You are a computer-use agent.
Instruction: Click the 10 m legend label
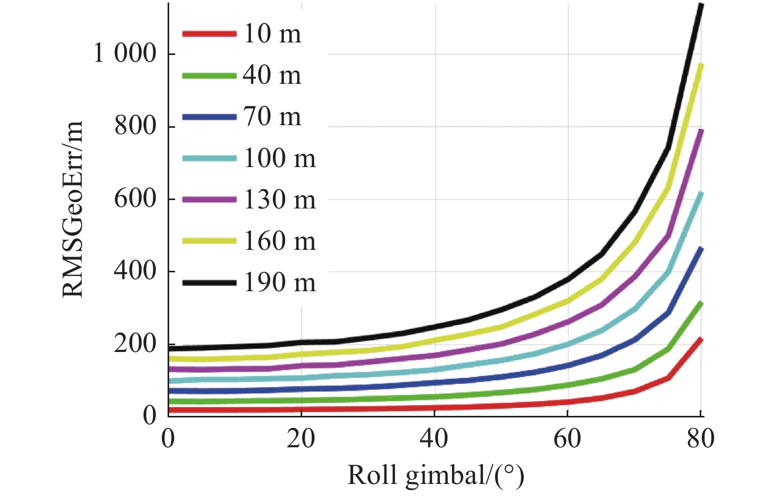coord(272,34)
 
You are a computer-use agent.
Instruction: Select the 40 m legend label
coord(272,75)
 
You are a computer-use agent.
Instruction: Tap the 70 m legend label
coord(272,117)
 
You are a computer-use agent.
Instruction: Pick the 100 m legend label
coord(280,158)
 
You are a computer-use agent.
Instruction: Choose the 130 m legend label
coord(280,200)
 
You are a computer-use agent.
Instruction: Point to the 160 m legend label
coord(280,241)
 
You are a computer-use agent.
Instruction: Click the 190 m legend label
coord(280,283)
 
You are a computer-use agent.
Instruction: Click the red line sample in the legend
coord(209,34)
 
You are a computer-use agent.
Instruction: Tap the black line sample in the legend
coord(209,283)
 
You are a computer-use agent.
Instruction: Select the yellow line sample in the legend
coord(209,241)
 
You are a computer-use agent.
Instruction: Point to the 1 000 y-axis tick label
coord(125,53)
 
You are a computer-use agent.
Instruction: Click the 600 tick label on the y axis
coord(136,199)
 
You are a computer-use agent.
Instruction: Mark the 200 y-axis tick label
coord(136,344)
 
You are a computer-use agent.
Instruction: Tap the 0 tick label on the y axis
coord(150,415)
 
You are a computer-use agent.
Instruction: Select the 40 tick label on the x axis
coord(434,438)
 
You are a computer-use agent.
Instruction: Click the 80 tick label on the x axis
coord(700,438)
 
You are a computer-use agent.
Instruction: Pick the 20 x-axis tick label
coord(301,438)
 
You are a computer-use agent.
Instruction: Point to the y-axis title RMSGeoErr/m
coord(73,210)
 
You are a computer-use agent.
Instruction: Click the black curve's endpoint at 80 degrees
coord(701,5)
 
